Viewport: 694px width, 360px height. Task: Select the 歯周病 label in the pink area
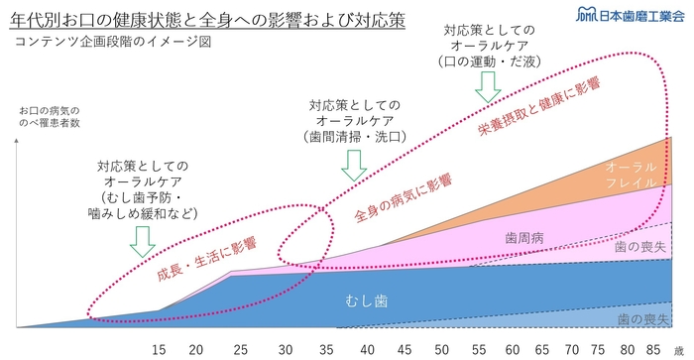click(524, 239)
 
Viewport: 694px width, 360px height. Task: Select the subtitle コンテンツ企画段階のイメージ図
click(94, 44)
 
